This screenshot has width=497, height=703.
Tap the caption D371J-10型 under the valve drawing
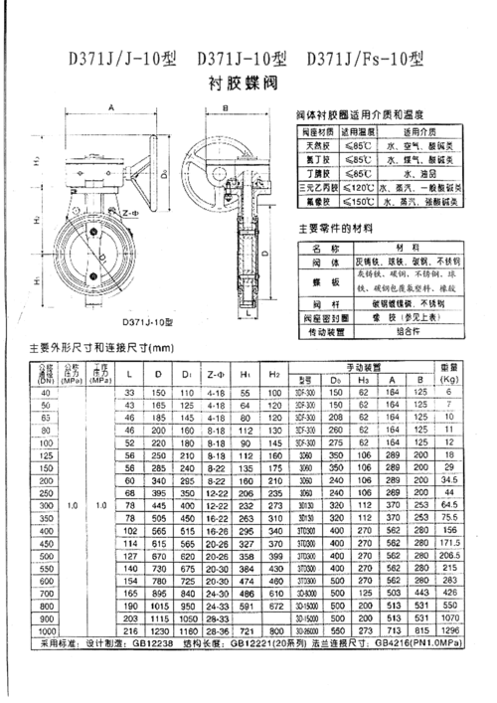146,321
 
